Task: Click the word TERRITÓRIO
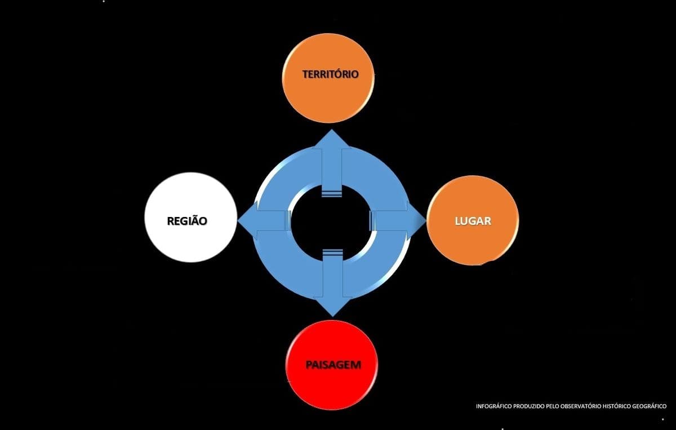point(331,74)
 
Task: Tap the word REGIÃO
point(187,221)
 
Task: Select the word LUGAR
point(473,221)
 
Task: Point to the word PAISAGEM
point(333,365)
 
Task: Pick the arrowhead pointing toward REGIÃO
point(247,220)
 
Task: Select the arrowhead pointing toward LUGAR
point(416,221)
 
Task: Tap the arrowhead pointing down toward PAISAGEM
point(332,307)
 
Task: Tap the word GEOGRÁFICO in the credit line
point(649,406)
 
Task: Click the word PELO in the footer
point(552,406)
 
